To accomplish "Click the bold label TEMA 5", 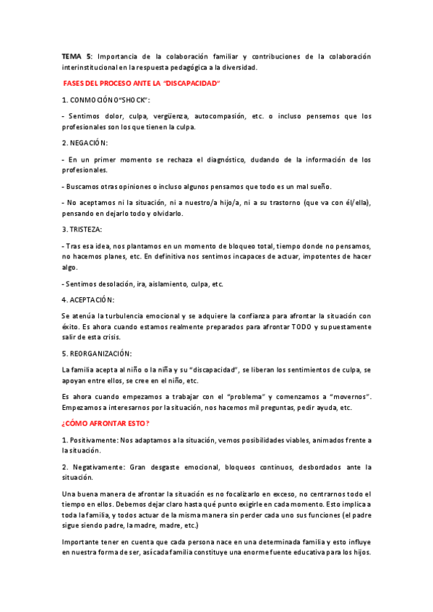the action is click(x=77, y=56).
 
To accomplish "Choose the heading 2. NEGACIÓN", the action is click(x=85, y=143).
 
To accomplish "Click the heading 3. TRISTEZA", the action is click(x=82, y=229).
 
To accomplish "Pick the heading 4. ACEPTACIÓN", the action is click(x=89, y=300).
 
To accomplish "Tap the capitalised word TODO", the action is click(x=303, y=326).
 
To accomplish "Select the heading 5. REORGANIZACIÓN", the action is click(x=97, y=354).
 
